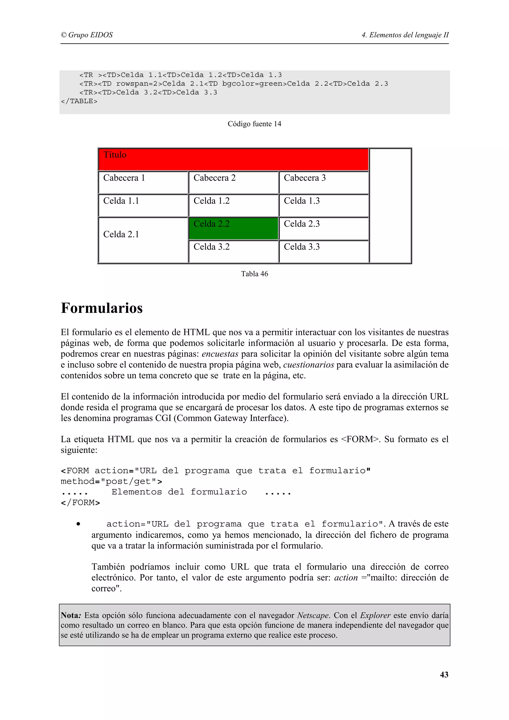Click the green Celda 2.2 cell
[x=233, y=229]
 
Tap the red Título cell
[x=233, y=160]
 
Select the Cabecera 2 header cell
[x=233, y=183]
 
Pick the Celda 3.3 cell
[x=324, y=251]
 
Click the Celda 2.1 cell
[x=143, y=240]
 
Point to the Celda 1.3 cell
[x=324, y=205]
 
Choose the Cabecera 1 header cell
[x=143, y=183]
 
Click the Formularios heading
[x=102, y=308]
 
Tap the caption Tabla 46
[x=254, y=274]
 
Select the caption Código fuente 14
[x=254, y=124]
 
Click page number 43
[x=444, y=675]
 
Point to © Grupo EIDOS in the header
[x=87, y=35]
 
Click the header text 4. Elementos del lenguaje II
[x=405, y=35]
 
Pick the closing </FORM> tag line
[x=80, y=503]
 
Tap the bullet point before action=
[x=78, y=524]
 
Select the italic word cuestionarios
[x=309, y=365]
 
